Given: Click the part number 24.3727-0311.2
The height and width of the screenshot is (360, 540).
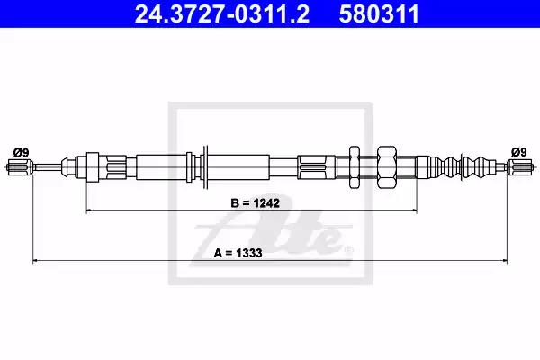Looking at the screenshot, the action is pyautogui.click(x=222, y=13).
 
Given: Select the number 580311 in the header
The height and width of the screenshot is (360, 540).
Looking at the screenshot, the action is pyautogui.click(x=379, y=13).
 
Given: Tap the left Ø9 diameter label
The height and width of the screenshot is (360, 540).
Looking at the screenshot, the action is pyautogui.click(x=21, y=152).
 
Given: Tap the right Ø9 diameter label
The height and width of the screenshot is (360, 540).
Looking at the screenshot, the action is pyautogui.click(x=519, y=152).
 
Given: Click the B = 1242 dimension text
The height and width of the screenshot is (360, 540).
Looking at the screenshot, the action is pyautogui.click(x=256, y=203).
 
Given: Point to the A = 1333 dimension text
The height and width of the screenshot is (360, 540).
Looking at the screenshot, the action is pyautogui.click(x=238, y=253).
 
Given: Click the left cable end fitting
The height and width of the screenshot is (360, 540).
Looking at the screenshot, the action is pyautogui.click(x=20, y=167).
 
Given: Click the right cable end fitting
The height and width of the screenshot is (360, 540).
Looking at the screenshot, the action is pyautogui.click(x=520, y=167).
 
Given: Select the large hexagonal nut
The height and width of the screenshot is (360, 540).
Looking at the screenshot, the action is pyautogui.click(x=387, y=167).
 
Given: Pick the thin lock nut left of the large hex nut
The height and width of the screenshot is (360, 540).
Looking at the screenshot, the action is pyautogui.click(x=355, y=167).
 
